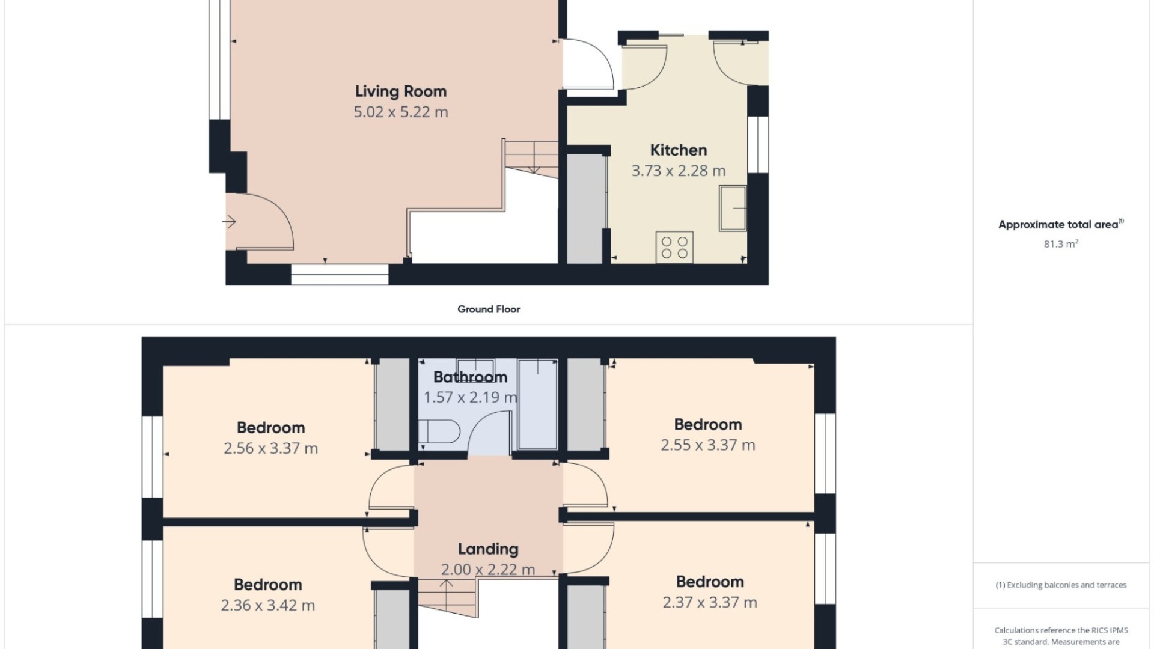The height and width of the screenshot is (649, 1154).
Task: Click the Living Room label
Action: [x=401, y=91]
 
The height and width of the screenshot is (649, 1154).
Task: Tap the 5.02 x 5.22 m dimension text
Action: [x=401, y=112]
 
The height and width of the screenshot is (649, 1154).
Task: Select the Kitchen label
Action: [x=679, y=150]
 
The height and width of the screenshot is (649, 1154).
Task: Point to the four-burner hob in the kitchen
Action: [x=674, y=247]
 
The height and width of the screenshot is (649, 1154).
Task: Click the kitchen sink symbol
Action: [x=733, y=208]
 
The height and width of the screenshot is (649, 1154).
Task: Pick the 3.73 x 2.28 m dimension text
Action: [x=679, y=171]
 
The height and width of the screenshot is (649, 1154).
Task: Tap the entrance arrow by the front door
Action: [x=228, y=222]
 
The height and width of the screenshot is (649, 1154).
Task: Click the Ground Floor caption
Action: [x=489, y=309]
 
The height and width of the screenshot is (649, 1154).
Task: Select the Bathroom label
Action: [x=471, y=377]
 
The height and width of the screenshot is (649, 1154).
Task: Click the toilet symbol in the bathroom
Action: [x=439, y=431]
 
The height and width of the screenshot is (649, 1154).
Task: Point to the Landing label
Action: [x=488, y=549]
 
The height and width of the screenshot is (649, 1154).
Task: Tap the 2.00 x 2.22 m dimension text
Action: [x=488, y=569]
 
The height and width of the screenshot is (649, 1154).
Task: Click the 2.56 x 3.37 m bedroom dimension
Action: [x=270, y=448]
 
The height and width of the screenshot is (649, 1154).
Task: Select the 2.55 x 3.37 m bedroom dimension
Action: [x=708, y=445]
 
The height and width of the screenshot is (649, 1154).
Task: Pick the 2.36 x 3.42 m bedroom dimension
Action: [x=267, y=605]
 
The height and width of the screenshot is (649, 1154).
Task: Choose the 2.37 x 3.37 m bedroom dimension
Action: [x=710, y=602]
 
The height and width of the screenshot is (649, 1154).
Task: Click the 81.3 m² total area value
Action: [x=1061, y=243]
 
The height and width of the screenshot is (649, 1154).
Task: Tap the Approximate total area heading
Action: [x=1061, y=224]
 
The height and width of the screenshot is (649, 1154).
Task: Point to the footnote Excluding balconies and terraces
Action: [x=1061, y=585]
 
